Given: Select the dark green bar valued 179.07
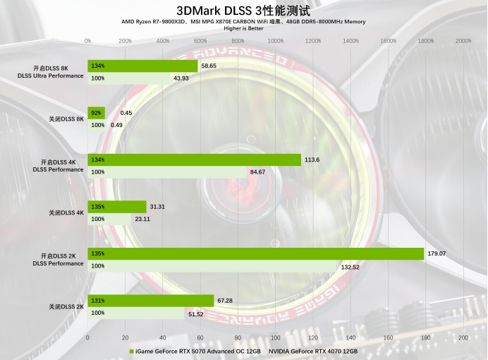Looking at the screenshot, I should click(x=255, y=253).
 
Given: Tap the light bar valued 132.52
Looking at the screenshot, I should click(x=212, y=266).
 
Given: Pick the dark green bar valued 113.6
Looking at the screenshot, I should click(x=194, y=160).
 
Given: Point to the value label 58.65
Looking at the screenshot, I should click(x=209, y=66).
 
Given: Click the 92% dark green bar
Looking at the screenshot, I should click(x=97, y=113).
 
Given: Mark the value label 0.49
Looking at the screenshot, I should click(x=116, y=125).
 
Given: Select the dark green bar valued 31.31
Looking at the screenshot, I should click(x=117, y=207).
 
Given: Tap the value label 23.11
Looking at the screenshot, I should click(x=142, y=219).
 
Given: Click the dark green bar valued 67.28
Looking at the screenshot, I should click(x=150, y=301).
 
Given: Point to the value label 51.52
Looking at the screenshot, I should click(x=195, y=313).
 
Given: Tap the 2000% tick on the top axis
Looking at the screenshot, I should click(x=463, y=41).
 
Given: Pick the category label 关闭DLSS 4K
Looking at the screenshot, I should click(x=66, y=212).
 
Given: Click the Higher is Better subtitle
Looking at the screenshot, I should click(x=243, y=29).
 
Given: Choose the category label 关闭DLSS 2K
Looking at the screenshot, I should click(x=66, y=306).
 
